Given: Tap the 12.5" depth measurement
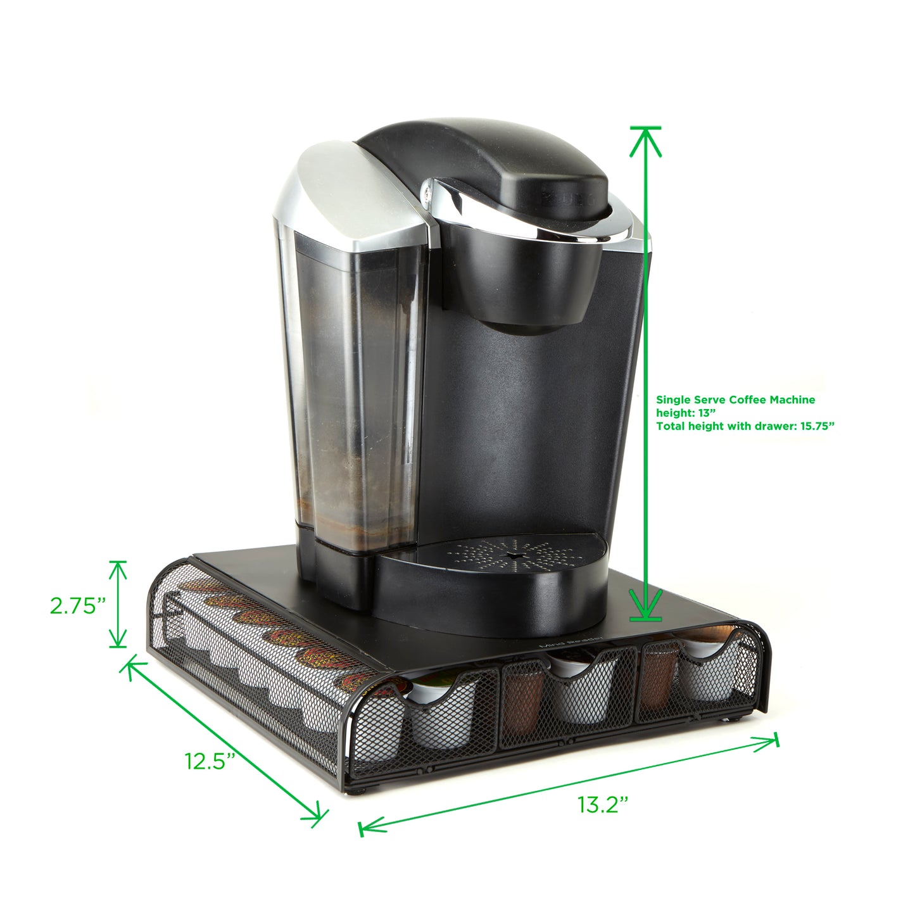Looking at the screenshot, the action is point(210,762).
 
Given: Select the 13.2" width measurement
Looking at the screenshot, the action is point(603,804).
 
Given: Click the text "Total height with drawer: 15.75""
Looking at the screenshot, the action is point(745,426).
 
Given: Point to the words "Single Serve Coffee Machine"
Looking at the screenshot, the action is point(736,400).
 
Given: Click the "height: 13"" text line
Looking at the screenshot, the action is point(686,413).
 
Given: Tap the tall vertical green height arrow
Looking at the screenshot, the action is point(645,374).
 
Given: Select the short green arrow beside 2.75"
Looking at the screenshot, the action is point(118,603).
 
